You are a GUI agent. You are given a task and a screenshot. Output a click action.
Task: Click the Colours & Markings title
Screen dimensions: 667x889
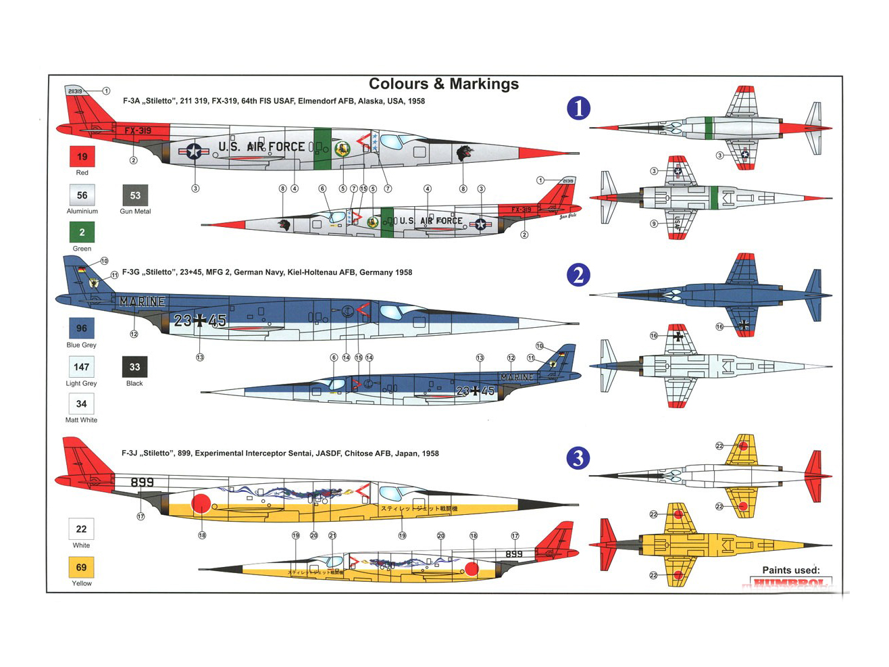coord(444,84)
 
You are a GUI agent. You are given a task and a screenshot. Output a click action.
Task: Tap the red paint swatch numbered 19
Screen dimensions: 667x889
coord(82,156)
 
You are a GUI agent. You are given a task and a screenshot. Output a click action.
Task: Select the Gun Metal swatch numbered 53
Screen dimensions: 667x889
coord(135,195)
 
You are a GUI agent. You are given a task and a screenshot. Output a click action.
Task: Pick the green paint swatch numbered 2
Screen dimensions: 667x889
coord(82,232)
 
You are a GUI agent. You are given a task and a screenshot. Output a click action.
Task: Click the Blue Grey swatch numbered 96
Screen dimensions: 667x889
coord(82,328)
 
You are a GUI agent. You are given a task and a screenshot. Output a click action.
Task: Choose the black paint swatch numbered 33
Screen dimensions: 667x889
coord(134,367)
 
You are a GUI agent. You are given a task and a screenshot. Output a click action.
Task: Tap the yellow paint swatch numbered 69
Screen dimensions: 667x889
coord(82,568)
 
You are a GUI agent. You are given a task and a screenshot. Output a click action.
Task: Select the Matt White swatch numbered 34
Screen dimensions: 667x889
coord(81,404)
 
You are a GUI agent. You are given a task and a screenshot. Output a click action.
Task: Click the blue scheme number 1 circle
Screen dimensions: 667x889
coord(578,108)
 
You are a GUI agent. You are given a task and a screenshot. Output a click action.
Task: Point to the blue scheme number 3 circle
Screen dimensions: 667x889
coord(578,458)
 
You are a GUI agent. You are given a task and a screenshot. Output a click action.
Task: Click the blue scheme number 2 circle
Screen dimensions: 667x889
coord(578,275)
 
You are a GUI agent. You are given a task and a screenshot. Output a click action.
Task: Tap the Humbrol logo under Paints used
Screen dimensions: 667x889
coord(790,582)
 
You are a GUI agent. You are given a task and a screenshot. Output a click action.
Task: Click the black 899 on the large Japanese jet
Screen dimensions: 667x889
coord(142,482)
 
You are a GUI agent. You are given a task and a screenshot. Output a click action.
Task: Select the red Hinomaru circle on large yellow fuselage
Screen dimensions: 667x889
coord(201,503)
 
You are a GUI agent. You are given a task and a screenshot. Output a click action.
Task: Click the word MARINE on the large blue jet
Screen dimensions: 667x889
coord(142,301)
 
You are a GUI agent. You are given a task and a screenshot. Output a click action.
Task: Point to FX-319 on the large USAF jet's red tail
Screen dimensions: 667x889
coord(138,130)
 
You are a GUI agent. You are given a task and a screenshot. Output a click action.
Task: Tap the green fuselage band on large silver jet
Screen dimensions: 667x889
coord(322,149)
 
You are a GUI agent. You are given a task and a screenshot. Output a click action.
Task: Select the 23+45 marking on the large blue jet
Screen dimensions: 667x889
coord(200,320)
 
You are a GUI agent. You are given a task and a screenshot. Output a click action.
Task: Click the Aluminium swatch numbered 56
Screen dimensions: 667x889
coord(82,195)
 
